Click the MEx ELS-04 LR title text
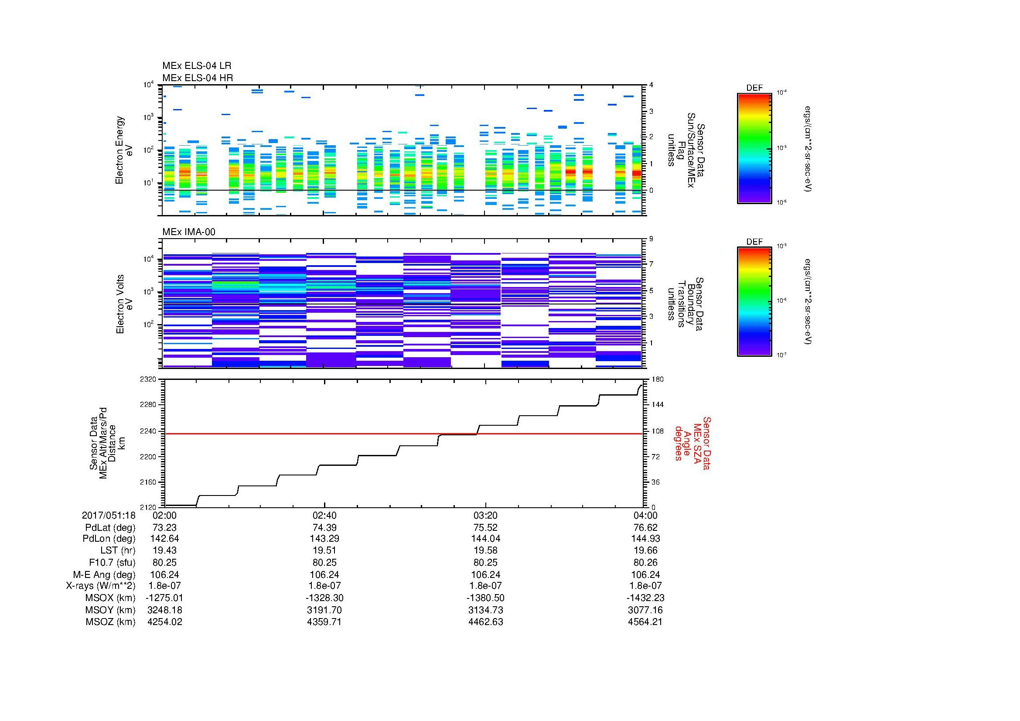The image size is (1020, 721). click(196, 66)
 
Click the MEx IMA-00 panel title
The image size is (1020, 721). click(189, 232)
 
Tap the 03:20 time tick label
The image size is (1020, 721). click(485, 515)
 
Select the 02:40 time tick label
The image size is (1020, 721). click(325, 515)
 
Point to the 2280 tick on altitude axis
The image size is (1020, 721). click(147, 405)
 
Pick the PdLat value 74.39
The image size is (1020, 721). click(325, 527)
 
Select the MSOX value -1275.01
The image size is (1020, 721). click(165, 598)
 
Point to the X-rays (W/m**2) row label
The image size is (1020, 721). click(100, 586)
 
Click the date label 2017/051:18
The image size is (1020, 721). click(109, 515)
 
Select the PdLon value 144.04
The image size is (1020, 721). click(485, 538)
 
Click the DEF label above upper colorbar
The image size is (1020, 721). click(754, 88)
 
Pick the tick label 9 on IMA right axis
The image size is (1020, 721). click(651, 239)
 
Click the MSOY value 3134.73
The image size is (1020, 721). click(485, 610)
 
